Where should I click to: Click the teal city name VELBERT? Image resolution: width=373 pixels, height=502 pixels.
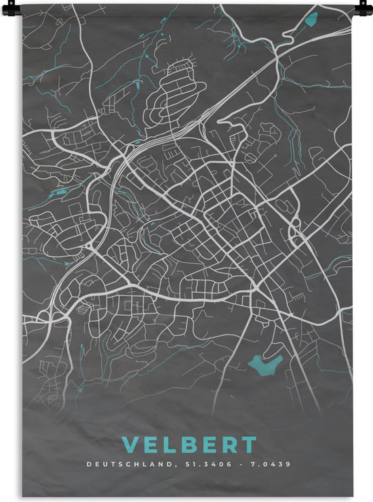[189, 445]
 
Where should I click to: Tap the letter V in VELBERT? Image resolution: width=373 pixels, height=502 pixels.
[130, 445]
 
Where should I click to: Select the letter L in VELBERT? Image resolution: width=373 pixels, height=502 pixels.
[170, 445]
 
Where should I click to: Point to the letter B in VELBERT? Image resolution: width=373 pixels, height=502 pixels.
[190, 445]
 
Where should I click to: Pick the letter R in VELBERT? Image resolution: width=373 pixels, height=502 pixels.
[231, 445]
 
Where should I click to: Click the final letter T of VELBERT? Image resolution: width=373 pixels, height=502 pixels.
[250, 445]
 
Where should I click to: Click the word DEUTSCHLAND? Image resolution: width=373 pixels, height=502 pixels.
[127, 465]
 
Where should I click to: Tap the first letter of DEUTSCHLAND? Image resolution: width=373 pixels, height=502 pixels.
[88, 465]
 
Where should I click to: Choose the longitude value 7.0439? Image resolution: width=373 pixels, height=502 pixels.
[270, 465]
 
